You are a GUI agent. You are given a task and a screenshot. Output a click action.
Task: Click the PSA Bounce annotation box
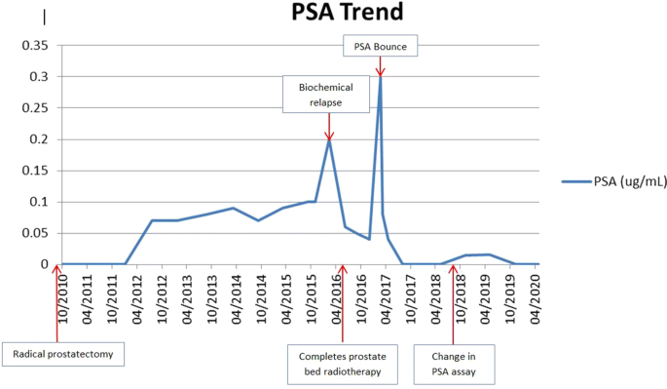tap(380, 46)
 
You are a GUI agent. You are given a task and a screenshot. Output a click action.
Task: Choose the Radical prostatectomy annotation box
tap(64, 354)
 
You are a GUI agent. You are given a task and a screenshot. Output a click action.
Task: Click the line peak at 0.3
tap(380, 77)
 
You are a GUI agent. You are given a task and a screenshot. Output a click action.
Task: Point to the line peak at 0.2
tap(329, 139)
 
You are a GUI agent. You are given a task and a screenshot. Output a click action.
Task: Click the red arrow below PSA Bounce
tap(380, 66)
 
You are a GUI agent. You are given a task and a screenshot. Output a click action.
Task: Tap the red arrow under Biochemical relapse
tap(329, 127)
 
